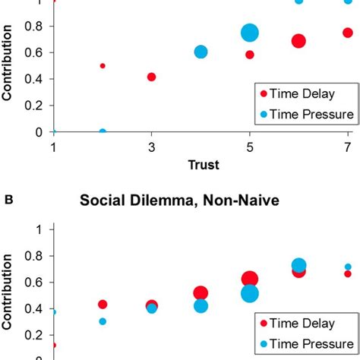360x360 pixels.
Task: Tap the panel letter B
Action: tap(9, 201)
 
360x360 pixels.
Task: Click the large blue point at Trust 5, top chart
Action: tap(250, 33)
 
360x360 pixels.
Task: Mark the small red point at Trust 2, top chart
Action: tap(103, 66)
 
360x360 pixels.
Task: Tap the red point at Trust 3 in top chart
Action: tap(152, 77)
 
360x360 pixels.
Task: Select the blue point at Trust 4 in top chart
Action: tap(201, 52)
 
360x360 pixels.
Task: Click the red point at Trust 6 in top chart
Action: tap(298, 41)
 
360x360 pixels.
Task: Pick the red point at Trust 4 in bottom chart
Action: tap(201, 293)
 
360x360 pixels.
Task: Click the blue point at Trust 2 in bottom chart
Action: tap(103, 321)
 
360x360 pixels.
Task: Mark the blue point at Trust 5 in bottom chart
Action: tap(250, 294)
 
